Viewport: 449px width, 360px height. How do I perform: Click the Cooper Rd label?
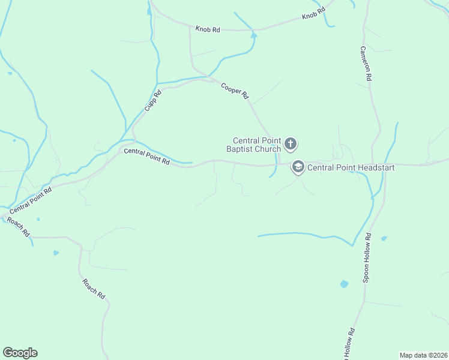tap(235, 90)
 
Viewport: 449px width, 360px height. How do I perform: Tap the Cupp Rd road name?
tap(153, 100)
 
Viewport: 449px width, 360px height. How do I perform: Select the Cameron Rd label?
tap(366, 64)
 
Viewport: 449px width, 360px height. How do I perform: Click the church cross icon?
tap(291, 144)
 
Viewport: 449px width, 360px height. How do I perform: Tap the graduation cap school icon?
tap(298, 167)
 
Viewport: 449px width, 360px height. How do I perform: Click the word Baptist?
tap(240, 149)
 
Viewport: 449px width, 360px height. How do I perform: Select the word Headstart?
tap(372, 168)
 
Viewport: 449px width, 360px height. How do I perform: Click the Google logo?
tap(20, 353)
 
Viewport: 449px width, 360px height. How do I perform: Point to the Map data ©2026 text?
tap(423, 355)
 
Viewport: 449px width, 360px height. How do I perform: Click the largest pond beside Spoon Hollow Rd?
tap(345, 284)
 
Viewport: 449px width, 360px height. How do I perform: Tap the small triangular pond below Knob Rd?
tap(254, 35)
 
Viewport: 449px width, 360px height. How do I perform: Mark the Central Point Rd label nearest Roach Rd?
tap(31, 199)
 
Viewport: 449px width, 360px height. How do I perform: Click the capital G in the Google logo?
tap(8, 353)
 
